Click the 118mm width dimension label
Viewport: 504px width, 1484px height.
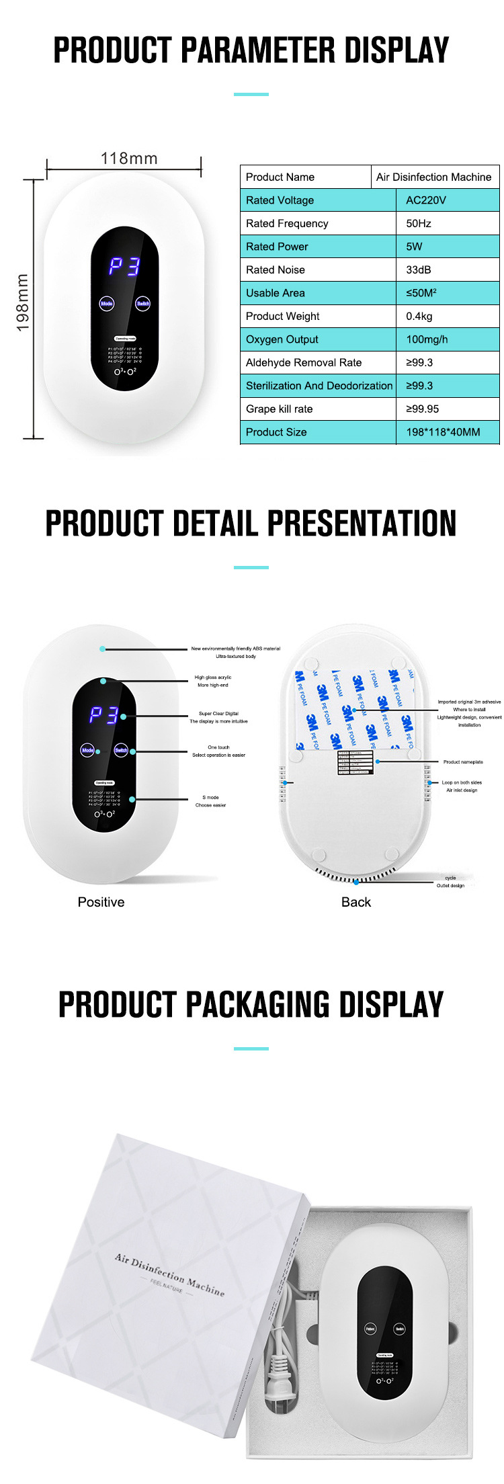tap(129, 159)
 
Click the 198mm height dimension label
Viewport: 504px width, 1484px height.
tap(23, 303)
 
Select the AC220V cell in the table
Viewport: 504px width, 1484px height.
tap(426, 200)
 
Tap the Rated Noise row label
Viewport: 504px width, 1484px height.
tap(276, 270)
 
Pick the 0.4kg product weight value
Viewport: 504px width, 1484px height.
tap(419, 316)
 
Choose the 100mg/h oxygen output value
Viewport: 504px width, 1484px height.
tap(427, 339)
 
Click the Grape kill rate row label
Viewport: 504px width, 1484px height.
tap(279, 409)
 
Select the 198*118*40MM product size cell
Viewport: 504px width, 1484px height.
tap(443, 432)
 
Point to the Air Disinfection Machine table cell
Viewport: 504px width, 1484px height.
tap(433, 177)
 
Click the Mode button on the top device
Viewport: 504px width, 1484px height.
tap(107, 304)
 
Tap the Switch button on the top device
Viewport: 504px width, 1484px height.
tap(143, 304)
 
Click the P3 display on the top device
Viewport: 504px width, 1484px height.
tap(125, 267)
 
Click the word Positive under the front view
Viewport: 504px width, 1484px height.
tap(101, 902)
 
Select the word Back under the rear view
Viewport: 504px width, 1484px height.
tap(356, 902)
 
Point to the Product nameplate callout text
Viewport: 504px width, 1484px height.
tap(463, 762)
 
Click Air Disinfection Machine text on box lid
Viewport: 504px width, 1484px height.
tap(169, 1274)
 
